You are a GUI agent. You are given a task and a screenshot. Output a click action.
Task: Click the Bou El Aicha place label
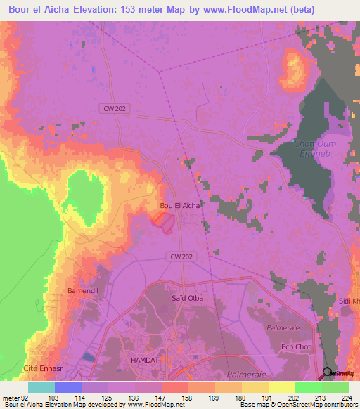click(180, 205)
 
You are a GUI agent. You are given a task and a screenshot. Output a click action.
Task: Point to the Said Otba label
click(188, 298)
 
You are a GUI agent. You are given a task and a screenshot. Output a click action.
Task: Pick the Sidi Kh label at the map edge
click(349, 301)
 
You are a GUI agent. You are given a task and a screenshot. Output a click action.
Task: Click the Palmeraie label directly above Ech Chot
click(283, 327)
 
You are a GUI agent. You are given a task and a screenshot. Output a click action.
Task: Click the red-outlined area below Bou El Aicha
click(163, 221)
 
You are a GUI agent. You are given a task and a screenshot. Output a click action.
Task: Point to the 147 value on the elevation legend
click(148, 398)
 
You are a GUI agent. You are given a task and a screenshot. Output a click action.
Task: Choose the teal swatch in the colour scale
click(41, 387)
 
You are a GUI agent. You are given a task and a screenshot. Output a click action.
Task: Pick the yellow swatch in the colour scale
click(281, 387)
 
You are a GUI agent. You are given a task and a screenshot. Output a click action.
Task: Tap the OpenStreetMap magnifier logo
click(328, 373)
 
